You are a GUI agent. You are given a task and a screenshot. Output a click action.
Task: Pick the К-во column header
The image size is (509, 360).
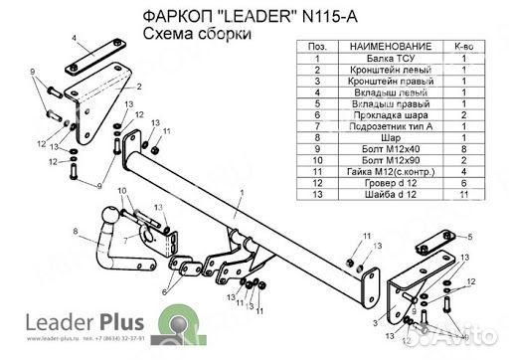462,46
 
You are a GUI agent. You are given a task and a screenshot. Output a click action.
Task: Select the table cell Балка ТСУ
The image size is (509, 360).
385,60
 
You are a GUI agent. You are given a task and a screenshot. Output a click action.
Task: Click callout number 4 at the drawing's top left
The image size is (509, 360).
74,37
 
